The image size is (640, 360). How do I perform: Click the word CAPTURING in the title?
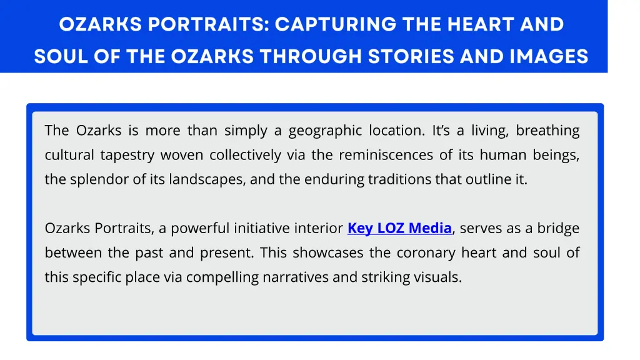coord(335,24)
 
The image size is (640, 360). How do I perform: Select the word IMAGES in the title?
coord(549,57)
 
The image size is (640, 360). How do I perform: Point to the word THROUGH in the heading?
coord(311,57)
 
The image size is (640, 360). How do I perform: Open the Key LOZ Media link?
coord(399,229)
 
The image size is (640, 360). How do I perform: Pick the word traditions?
coord(400,179)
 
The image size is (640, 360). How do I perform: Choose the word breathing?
coord(547,131)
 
